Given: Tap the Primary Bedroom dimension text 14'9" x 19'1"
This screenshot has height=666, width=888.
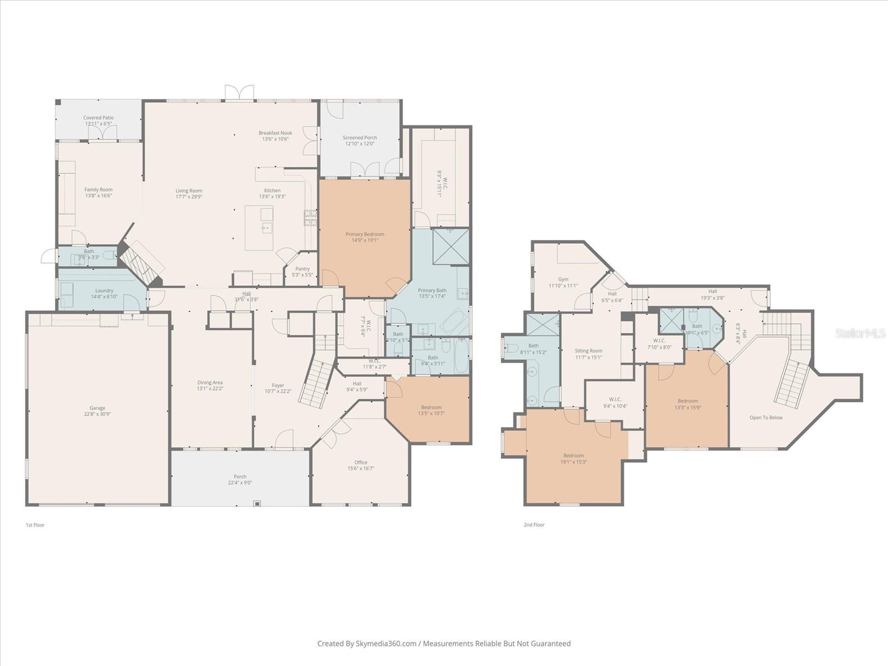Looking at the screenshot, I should (x=365, y=240).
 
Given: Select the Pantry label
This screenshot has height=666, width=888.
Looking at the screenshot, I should (x=302, y=269).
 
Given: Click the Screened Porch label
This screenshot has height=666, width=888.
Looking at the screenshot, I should (x=360, y=138).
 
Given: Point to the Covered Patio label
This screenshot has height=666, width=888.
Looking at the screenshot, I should (x=98, y=118).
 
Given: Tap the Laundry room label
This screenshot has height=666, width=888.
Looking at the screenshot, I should (x=104, y=290).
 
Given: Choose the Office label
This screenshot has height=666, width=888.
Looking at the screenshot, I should (x=361, y=462).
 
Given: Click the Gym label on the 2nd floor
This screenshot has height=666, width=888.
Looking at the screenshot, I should (x=563, y=280).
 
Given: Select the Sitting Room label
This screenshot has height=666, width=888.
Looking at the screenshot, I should (x=588, y=351).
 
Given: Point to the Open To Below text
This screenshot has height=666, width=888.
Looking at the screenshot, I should (x=766, y=417).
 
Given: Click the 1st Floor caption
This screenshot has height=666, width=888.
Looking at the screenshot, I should (x=35, y=524).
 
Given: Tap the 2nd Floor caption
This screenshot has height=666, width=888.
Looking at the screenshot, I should (x=534, y=524).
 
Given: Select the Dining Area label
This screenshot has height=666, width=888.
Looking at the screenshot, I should (x=210, y=382).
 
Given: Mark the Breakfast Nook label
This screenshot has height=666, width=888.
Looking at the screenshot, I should (x=275, y=133).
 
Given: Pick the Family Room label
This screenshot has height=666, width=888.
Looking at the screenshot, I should (x=98, y=190).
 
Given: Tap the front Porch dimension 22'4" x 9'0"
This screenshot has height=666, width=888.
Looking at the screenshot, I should (x=240, y=483).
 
